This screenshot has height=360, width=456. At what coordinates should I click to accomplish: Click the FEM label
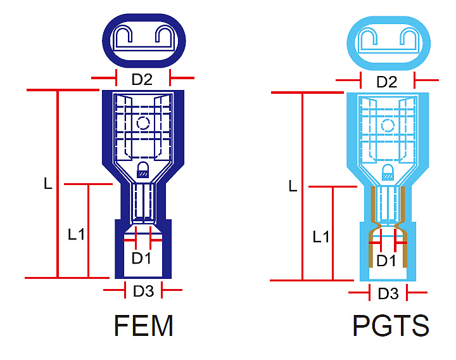point(144,326)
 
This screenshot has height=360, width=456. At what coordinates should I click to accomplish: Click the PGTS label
point(390,326)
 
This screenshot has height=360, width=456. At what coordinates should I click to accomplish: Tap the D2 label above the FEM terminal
point(142,79)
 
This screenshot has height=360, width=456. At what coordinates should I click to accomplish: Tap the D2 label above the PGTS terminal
point(387,82)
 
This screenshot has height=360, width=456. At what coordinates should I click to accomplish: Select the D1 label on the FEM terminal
point(141,259)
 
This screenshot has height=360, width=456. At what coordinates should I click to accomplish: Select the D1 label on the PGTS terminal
point(386,260)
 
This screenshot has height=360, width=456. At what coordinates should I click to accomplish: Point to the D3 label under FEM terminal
point(143,292)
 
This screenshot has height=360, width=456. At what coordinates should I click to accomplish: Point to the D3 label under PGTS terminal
point(388,293)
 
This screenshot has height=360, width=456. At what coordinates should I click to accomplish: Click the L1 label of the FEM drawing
point(76,234)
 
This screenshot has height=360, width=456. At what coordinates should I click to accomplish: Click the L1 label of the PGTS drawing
point(321,237)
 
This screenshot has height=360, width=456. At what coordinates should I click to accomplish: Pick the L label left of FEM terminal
point(48,184)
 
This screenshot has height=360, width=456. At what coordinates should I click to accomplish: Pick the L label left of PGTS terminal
point(292,186)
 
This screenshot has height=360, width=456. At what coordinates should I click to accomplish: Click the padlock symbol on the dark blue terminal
point(142,169)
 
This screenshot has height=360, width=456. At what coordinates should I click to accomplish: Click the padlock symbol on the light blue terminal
point(387,172)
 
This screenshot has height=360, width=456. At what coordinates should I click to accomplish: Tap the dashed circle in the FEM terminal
point(143,123)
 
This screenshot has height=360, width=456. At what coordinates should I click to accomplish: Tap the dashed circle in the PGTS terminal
point(388,125)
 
